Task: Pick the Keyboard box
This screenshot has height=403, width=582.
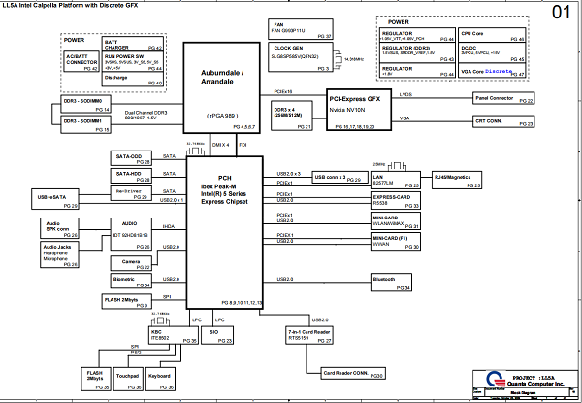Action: pyautogui.click(x=160, y=378)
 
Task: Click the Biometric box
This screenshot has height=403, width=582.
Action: pyautogui.click(x=130, y=282)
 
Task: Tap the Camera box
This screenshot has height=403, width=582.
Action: pyautogui.click(x=130, y=261)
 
